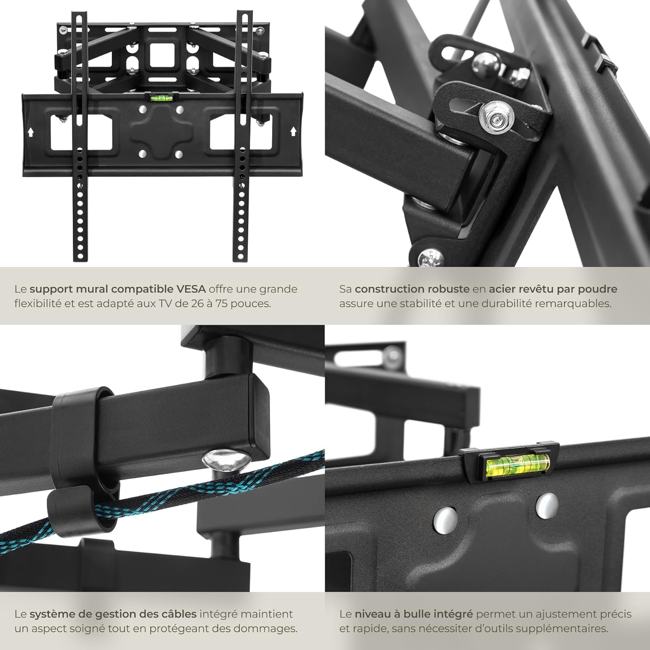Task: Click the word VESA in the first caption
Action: pos(191,289)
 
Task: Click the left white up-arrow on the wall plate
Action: pos(30,132)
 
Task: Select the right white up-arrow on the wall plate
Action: pos(293,130)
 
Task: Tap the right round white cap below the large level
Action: pos(547,505)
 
